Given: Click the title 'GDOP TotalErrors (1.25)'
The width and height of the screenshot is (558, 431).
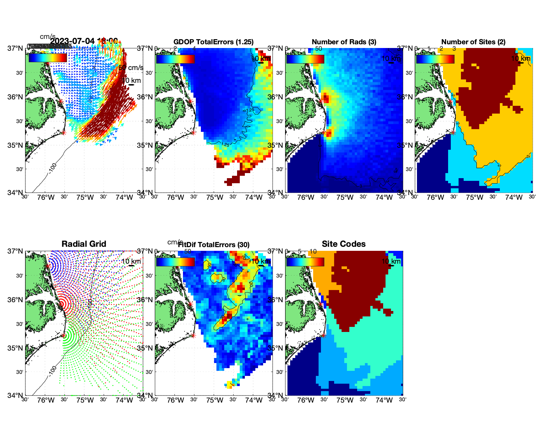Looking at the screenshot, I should tap(213, 42).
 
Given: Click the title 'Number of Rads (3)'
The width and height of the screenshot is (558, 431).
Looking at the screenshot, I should tap(344, 42).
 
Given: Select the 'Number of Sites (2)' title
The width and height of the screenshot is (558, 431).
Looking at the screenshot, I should tap(473, 42).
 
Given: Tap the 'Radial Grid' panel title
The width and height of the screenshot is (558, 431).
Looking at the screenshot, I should tap(84, 244).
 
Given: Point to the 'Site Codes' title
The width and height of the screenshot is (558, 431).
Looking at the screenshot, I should tap(344, 244).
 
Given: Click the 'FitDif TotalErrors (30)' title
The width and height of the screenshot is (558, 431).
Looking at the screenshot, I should tap(214, 245).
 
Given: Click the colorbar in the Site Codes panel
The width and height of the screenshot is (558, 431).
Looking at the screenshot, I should tap(305, 262).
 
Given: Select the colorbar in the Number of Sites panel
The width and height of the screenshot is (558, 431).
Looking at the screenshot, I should tap(435, 59).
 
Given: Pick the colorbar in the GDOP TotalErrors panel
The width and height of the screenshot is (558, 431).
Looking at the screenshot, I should tap(175, 59).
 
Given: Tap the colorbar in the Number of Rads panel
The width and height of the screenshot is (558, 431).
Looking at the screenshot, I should tap(305, 59).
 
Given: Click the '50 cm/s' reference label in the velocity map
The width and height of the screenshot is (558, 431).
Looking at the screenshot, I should tap(131, 68).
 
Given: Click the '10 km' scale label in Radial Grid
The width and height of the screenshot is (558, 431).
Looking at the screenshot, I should tap(131, 261).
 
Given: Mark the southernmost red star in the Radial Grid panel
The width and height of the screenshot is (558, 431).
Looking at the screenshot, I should tap(63, 336).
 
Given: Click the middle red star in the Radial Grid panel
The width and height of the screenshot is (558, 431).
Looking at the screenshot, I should tap(61, 304).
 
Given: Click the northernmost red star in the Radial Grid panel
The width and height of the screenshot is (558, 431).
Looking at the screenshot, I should tap(48, 266).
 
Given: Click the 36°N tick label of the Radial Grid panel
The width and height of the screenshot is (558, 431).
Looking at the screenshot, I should tap(16, 300).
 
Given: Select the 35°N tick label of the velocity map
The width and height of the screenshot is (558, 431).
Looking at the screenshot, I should tap(16, 145).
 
